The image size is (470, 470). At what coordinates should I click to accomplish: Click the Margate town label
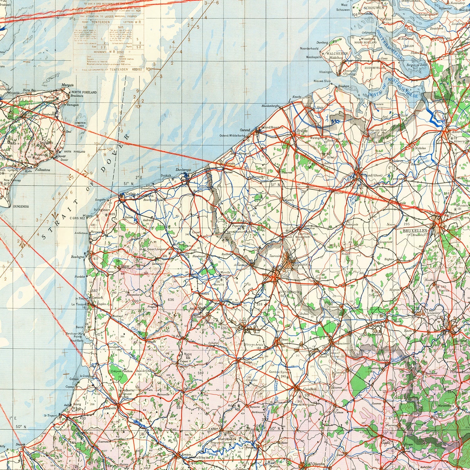(x=67, y=85)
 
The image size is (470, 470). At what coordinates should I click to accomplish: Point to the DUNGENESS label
(x=21, y=206)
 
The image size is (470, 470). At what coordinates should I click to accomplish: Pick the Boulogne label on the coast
(x=78, y=257)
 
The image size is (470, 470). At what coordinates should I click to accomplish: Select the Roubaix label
(x=300, y=265)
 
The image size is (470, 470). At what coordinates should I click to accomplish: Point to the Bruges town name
(x=302, y=131)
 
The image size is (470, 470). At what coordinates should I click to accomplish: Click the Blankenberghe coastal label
(x=271, y=106)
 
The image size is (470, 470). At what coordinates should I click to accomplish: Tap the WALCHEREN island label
(x=337, y=54)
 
